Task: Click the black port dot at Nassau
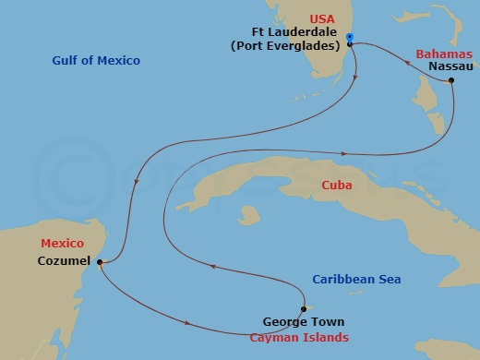[x=451, y=81]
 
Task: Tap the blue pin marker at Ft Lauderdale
[x=349, y=39]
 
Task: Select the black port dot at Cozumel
[x=99, y=262]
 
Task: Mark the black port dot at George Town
[x=303, y=309]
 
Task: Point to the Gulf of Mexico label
[x=96, y=61]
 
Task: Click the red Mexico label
[x=62, y=244]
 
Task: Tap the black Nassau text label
[x=451, y=67]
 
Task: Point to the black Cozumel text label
[x=63, y=261]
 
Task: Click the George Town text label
[x=303, y=323]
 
